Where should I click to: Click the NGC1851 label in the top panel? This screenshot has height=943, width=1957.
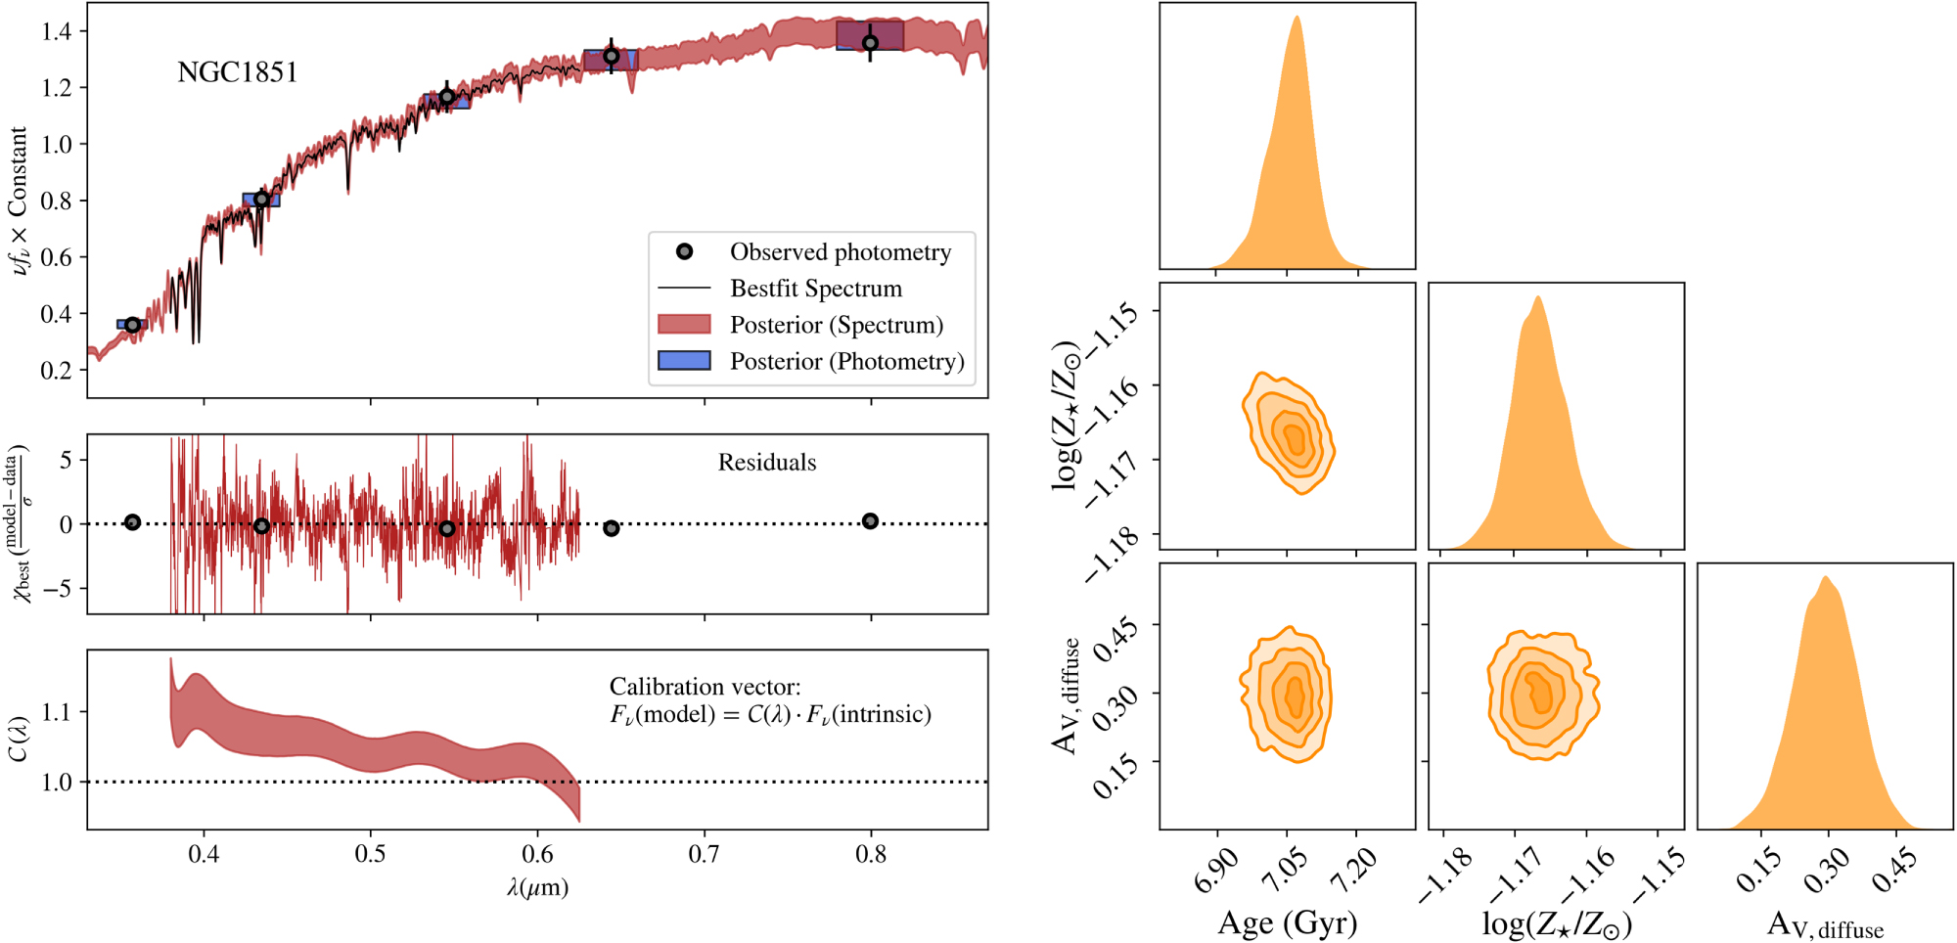pyautogui.click(x=237, y=72)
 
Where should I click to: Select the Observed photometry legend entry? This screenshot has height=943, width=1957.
pyautogui.click(x=840, y=252)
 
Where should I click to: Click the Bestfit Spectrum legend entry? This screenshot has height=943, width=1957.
pyautogui.click(x=815, y=289)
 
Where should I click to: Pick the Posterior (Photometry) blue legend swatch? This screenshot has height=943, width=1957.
pyautogui.click(x=684, y=361)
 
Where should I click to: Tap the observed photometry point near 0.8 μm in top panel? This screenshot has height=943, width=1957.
pyautogui.click(x=870, y=43)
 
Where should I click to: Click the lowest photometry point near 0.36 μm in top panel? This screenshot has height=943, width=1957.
pyautogui.click(x=132, y=325)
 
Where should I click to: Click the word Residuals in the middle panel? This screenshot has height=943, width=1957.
pyautogui.click(x=766, y=463)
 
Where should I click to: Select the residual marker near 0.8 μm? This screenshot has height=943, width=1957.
pyautogui.click(x=870, y=521)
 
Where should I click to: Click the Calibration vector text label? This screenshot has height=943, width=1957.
pyautogui.click(x=705, y=687)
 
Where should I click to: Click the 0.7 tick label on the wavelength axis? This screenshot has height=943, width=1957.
pyautogui.click(x=704, y=855)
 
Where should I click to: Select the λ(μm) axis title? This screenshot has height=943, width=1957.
pyautogui.click(x=537, y=887)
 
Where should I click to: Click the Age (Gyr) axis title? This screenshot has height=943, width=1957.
pyautogui.click(x=1287, y=922)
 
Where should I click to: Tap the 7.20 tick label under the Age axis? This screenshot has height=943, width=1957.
pyautogui.click(x=1354, y=870)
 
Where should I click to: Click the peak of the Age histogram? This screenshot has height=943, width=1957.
pyautogui.click(x=1297, y=18)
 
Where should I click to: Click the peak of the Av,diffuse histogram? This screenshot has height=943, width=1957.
pyautogui.click(x=1825, y=577)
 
